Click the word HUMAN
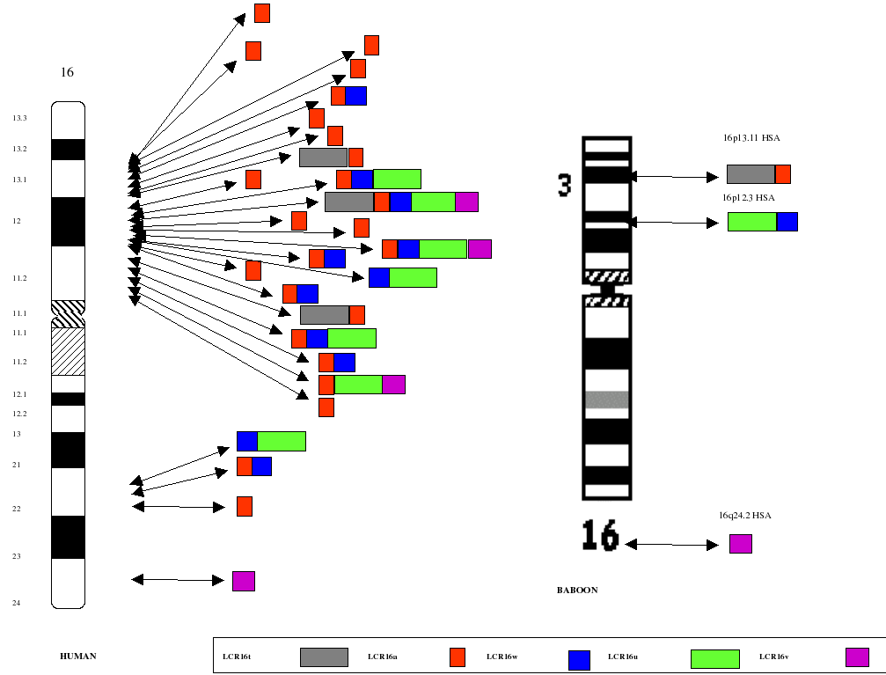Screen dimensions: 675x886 [x=77, y=657]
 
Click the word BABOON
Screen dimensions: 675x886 [x=576, y=591]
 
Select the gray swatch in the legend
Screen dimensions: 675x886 [x=324, y=657]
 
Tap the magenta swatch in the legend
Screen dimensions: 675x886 [x=857, y=657]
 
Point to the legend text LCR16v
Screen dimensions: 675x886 [x=773, y=657]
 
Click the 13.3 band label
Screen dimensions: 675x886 [x=19, y=118]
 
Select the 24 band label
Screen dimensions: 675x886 [x=17, y=603]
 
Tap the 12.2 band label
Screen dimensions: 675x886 [x=19, y=413]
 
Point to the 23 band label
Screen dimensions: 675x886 [x=17, y=556]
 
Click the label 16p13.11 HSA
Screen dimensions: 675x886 [x=751, y=138]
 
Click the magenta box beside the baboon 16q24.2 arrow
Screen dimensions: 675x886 [x=741, y=544]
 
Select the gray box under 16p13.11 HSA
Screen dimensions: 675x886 [x=751, y=174]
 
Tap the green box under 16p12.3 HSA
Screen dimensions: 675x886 [x=752, y=222]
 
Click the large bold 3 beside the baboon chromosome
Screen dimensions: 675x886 [x=565, y=185]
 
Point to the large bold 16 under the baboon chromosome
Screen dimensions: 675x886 [x=600, y=536]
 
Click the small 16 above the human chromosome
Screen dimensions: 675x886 [x=67, y=72]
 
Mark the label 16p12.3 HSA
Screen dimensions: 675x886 [x=748, y=197]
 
